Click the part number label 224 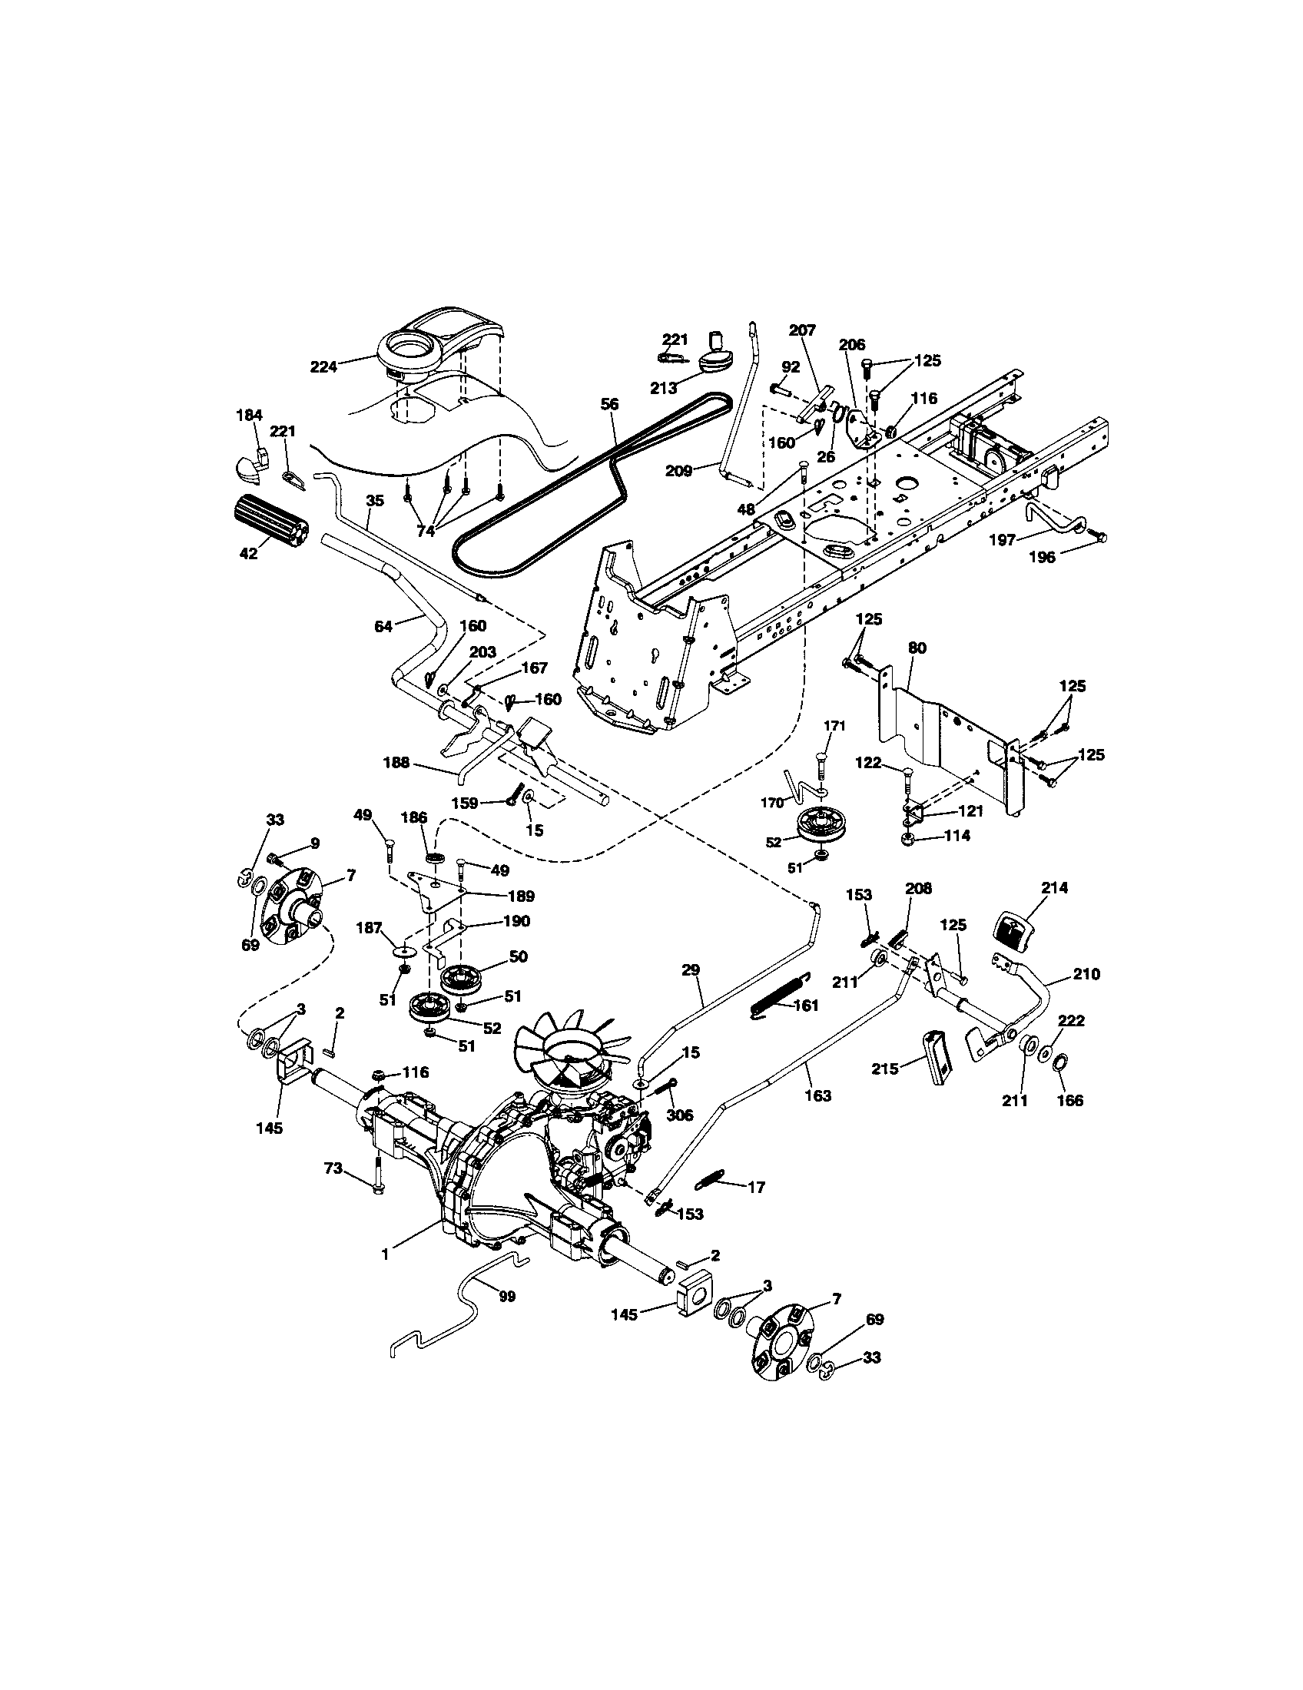point(324,366)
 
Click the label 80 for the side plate point(917,647)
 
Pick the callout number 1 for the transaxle point(385,1254)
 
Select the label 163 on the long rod point(818,1095)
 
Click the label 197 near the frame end point(1003,540)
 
